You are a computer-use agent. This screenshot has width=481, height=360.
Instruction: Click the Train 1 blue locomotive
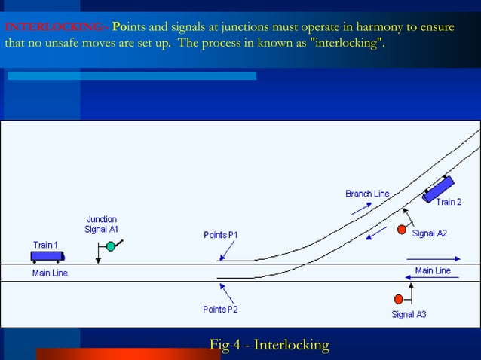click(x=46, y=256)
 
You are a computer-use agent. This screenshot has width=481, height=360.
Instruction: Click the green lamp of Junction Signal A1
click(x=110, y=246)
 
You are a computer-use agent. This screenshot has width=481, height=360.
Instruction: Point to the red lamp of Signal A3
click(x=399, y=298)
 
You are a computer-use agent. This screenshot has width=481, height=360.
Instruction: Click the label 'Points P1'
click(x=220, y=235)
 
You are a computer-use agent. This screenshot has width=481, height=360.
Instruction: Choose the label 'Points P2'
click(x=220, y=309)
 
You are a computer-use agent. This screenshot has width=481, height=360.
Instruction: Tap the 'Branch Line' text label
click(x=367, y=194)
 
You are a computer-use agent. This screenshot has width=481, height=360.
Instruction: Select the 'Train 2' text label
click(x=448, y=202)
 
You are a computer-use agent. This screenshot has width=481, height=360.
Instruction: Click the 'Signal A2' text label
click(x=429, y=233)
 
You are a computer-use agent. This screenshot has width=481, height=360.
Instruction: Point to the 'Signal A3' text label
click(x=409, y=314)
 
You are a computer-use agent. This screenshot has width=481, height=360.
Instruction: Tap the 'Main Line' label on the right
click(x=433, y=270)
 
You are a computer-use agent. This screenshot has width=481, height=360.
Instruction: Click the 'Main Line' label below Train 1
click(x=49, y=273)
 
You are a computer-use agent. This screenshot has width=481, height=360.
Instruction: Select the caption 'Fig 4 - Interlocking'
click(x=269, y=346)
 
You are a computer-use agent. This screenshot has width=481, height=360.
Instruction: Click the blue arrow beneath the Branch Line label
click(x=361, y=208)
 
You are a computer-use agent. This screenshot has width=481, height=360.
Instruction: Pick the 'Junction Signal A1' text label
click(x=101, y=224)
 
